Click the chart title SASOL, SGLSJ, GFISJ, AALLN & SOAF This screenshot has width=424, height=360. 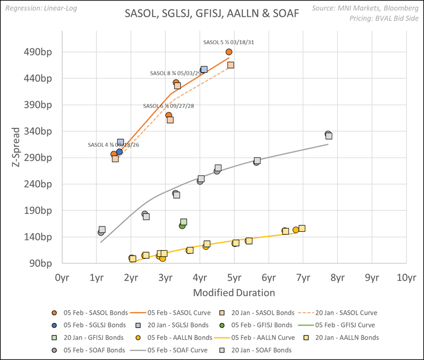212,14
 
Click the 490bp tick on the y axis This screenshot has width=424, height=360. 45,52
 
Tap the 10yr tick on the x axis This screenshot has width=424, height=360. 406,278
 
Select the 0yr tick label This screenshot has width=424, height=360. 62,278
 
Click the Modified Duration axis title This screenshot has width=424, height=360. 234,293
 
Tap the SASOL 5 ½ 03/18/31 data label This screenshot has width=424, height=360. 228,43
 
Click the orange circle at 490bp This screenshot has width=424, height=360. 229,52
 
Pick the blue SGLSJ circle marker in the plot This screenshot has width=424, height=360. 119,151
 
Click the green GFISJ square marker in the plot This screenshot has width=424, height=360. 183,222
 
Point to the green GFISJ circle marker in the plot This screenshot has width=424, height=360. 182,225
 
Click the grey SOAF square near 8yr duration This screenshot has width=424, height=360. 329,136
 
